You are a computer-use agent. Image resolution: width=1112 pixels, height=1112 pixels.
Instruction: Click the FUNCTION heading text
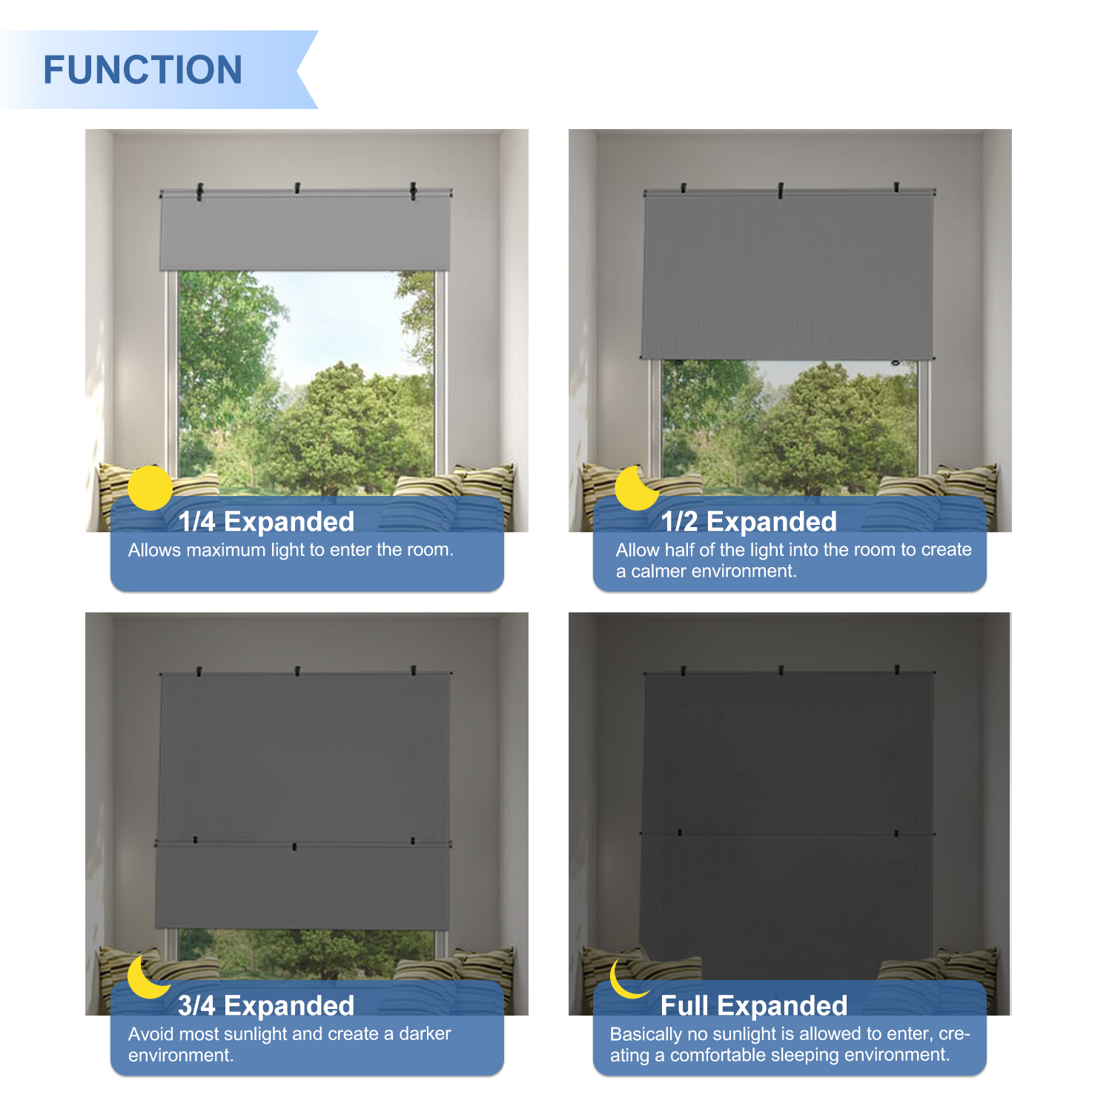143,70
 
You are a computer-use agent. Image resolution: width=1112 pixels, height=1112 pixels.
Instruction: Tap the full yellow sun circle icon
150,488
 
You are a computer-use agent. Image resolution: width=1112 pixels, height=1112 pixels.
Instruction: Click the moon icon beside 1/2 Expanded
636,489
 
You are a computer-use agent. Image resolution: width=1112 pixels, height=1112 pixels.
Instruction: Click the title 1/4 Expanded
266,521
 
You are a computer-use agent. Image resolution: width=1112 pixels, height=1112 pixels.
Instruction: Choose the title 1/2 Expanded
749,521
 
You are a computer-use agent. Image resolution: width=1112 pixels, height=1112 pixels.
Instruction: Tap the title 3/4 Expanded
266,1005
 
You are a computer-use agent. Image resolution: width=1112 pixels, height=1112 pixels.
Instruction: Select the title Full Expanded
754,1005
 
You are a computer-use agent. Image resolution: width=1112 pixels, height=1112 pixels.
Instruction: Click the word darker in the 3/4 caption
425,1033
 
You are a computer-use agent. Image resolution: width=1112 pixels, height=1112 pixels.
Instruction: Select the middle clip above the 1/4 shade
297,188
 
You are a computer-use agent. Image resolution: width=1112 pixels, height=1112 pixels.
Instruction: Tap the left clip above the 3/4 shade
198,672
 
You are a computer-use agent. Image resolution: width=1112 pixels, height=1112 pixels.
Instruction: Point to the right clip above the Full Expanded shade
897,671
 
